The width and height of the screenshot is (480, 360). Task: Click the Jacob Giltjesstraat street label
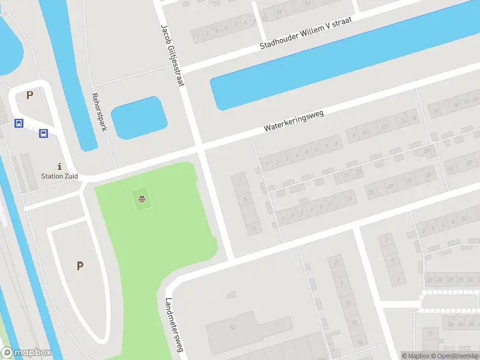(172, 55)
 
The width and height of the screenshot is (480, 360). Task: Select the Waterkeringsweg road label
(293, 121)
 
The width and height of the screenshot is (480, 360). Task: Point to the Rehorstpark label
(98, 112)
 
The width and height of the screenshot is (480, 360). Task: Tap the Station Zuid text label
(59, 176)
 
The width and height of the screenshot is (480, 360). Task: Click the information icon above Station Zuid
(59, 166)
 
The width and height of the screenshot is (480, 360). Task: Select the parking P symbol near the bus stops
(29, 94)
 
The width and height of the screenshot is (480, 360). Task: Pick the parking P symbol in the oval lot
(79, 266)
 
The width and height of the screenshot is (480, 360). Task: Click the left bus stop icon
(19, 123)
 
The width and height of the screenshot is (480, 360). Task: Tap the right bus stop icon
(43, 133)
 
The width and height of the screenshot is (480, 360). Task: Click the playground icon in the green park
(142, 199)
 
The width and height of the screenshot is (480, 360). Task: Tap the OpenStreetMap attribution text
(455, 356)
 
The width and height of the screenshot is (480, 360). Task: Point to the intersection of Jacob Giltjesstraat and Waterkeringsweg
(199, 148)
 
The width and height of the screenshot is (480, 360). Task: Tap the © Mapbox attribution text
(415, 356)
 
